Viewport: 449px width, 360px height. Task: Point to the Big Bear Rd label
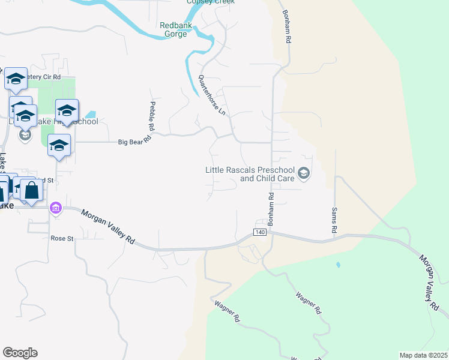pyautogui.click(x=133, y=142)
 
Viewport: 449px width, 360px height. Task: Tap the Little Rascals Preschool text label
pyautogui.click(x=251, y=174)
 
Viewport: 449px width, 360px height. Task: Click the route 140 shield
pyautogui.click(x=259, y=232)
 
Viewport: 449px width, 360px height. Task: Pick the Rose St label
pyautogui.click(x=61, y=238)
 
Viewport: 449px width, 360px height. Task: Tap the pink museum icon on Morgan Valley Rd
pyautogui.click(x=56, y=208)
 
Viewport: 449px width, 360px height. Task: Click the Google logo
pyautogui.click(x=20, y=353)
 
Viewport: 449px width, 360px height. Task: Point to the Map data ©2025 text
pyautogui.click(x=423, y=355)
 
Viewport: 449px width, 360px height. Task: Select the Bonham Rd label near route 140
pyautogui.click(x=271, y=209)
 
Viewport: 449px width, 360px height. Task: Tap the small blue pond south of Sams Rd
pyautogui.click(x=339, y=264)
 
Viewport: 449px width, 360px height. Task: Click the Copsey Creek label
pyautogui.click(x=210, y=2)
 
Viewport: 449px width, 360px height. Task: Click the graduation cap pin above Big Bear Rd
pyautogui.click(x=59, y=146)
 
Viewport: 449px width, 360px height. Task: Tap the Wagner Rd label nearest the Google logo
pyautogui.click(x=229, y=310)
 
